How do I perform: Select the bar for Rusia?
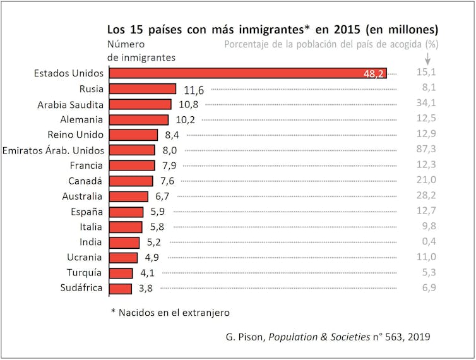tap(142, 89)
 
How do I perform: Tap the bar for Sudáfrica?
tap(121, 289)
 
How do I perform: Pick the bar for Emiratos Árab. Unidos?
tap(132, 150)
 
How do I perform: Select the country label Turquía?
tap(85, 273)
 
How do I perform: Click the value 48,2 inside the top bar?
tap(373, 74)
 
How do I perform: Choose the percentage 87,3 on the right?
tap(427, 150)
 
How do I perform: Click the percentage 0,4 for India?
tap(427, 242)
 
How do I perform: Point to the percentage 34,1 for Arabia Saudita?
tap(427, 104)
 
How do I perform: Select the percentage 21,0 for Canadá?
tap(427, 181)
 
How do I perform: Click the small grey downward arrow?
tap(427, 58)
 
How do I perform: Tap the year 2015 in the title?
tap(348, 30)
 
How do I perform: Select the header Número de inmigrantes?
tap(141, 51)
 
